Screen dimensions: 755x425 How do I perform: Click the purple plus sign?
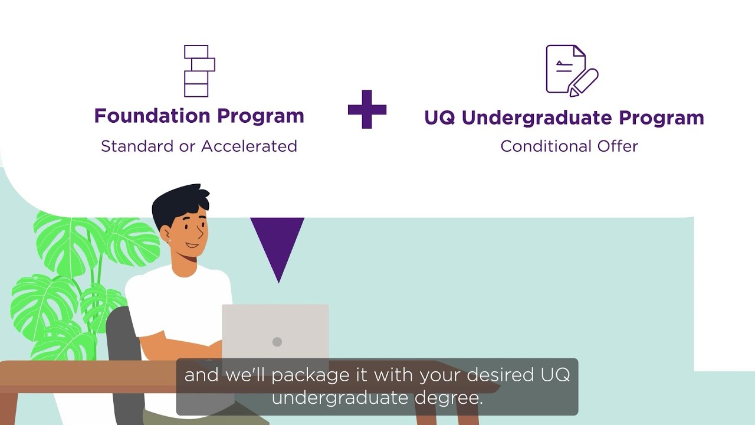coord(367,109)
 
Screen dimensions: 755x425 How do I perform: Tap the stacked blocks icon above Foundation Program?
coord(199,71)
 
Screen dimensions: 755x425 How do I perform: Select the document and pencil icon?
coord(572,71)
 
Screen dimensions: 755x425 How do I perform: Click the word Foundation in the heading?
coord(152,116)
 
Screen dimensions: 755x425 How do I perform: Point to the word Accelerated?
coord(249,146)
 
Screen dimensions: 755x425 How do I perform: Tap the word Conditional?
coord(546,146)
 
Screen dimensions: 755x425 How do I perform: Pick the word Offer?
coord(618,146)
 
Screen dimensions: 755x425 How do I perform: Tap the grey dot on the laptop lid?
coord(277,342)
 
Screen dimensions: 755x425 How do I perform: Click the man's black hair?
coord(180,204)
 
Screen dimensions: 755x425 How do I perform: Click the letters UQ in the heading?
coord(439,118)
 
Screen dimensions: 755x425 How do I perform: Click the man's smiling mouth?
coord(192,245)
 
